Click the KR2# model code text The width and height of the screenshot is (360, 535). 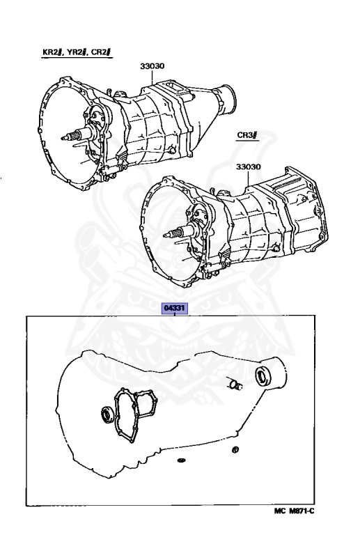[52, 52]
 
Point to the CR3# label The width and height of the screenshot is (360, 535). [247, 134]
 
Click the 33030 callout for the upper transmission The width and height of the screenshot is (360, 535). [152, 66]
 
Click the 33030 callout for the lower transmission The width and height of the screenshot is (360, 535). [249, 167]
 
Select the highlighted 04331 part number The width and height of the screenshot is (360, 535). [175, 309]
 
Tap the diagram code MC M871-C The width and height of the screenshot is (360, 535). [295, 511]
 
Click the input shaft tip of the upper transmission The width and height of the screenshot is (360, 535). [62, 138]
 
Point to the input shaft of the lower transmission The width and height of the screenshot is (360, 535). [178, 233]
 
